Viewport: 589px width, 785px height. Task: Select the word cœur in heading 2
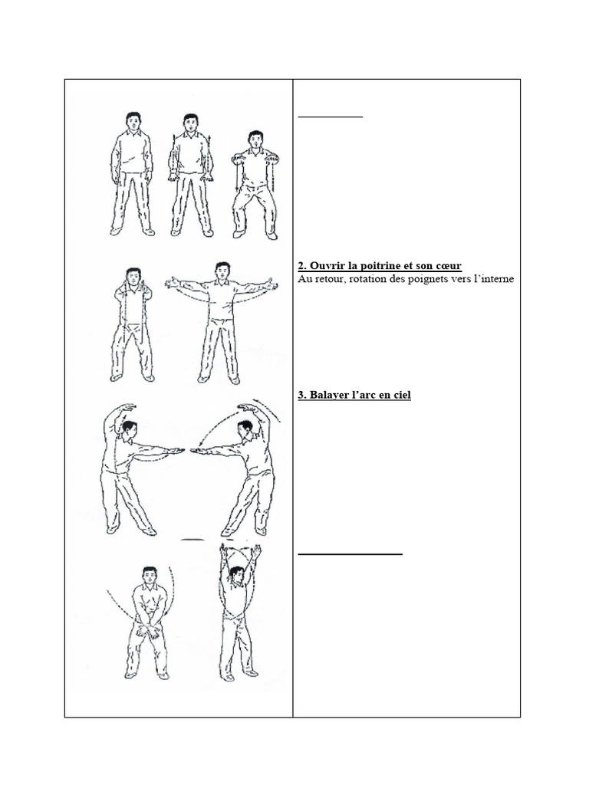448,266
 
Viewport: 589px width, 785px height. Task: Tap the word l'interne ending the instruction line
493,279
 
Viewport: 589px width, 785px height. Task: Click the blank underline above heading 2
330,117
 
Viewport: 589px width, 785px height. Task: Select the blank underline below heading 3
350,554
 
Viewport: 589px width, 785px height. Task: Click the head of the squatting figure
255,140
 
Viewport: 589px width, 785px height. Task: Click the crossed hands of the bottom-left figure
148,630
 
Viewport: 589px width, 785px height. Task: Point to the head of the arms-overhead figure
236,576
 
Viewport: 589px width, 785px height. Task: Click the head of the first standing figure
132,122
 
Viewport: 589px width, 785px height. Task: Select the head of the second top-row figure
189,123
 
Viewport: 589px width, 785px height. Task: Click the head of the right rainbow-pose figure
245,429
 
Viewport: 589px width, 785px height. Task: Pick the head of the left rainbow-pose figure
129,430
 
